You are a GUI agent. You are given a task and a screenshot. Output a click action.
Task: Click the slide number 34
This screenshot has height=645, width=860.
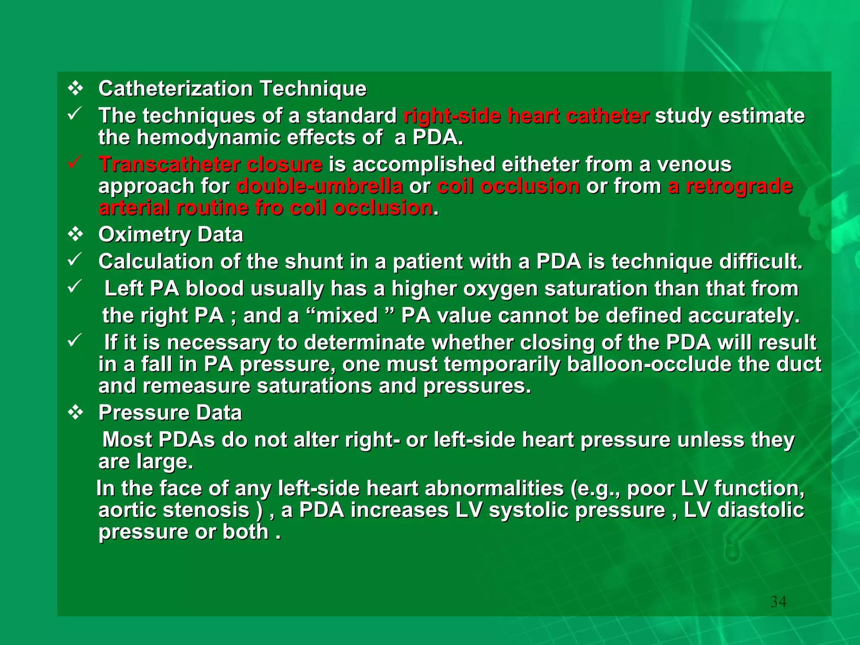point(778,602)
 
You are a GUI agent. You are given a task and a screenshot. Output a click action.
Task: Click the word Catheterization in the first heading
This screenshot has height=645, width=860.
point(176,89)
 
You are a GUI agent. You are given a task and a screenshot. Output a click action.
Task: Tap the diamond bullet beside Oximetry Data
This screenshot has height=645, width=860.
point(76,234)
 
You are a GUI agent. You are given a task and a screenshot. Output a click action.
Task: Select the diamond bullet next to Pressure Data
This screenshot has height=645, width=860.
point(76,413)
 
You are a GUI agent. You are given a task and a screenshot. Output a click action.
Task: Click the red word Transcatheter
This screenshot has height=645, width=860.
point(169,164)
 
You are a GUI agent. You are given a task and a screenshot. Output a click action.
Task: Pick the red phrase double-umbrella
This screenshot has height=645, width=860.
point(320,186)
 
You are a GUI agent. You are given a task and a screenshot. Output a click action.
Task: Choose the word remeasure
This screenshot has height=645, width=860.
point(196,386)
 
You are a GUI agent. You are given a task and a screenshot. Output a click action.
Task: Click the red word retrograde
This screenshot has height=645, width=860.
point(739,186)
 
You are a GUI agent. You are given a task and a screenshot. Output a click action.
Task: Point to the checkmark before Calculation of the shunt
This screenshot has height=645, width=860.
point(74,260)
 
